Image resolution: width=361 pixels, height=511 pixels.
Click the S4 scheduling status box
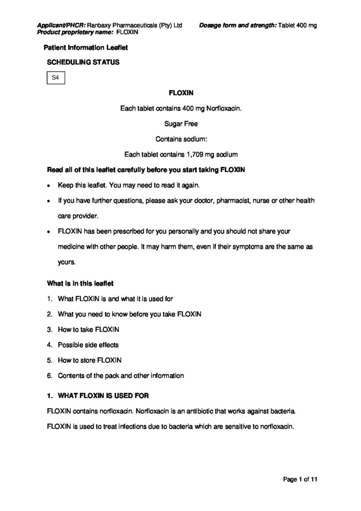tap(55, 78)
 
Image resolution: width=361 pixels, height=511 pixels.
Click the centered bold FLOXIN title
tap(180, 93)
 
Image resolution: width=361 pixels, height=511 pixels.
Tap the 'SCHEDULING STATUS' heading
tap(83, 62)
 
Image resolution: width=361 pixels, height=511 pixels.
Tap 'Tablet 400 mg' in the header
tap(298, 25)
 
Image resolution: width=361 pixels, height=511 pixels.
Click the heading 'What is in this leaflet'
tap(80, 283)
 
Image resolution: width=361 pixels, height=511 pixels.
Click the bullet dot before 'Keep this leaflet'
tap(49, 186)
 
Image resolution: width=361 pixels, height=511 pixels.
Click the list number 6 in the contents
tap(49, 375)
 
